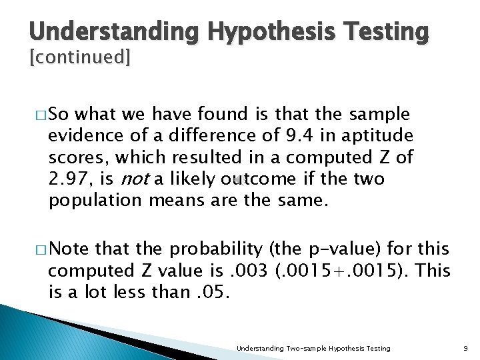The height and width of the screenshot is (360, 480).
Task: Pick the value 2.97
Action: tap(68, 179)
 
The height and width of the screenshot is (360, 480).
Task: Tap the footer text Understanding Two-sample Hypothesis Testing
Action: tap(314, 348)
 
